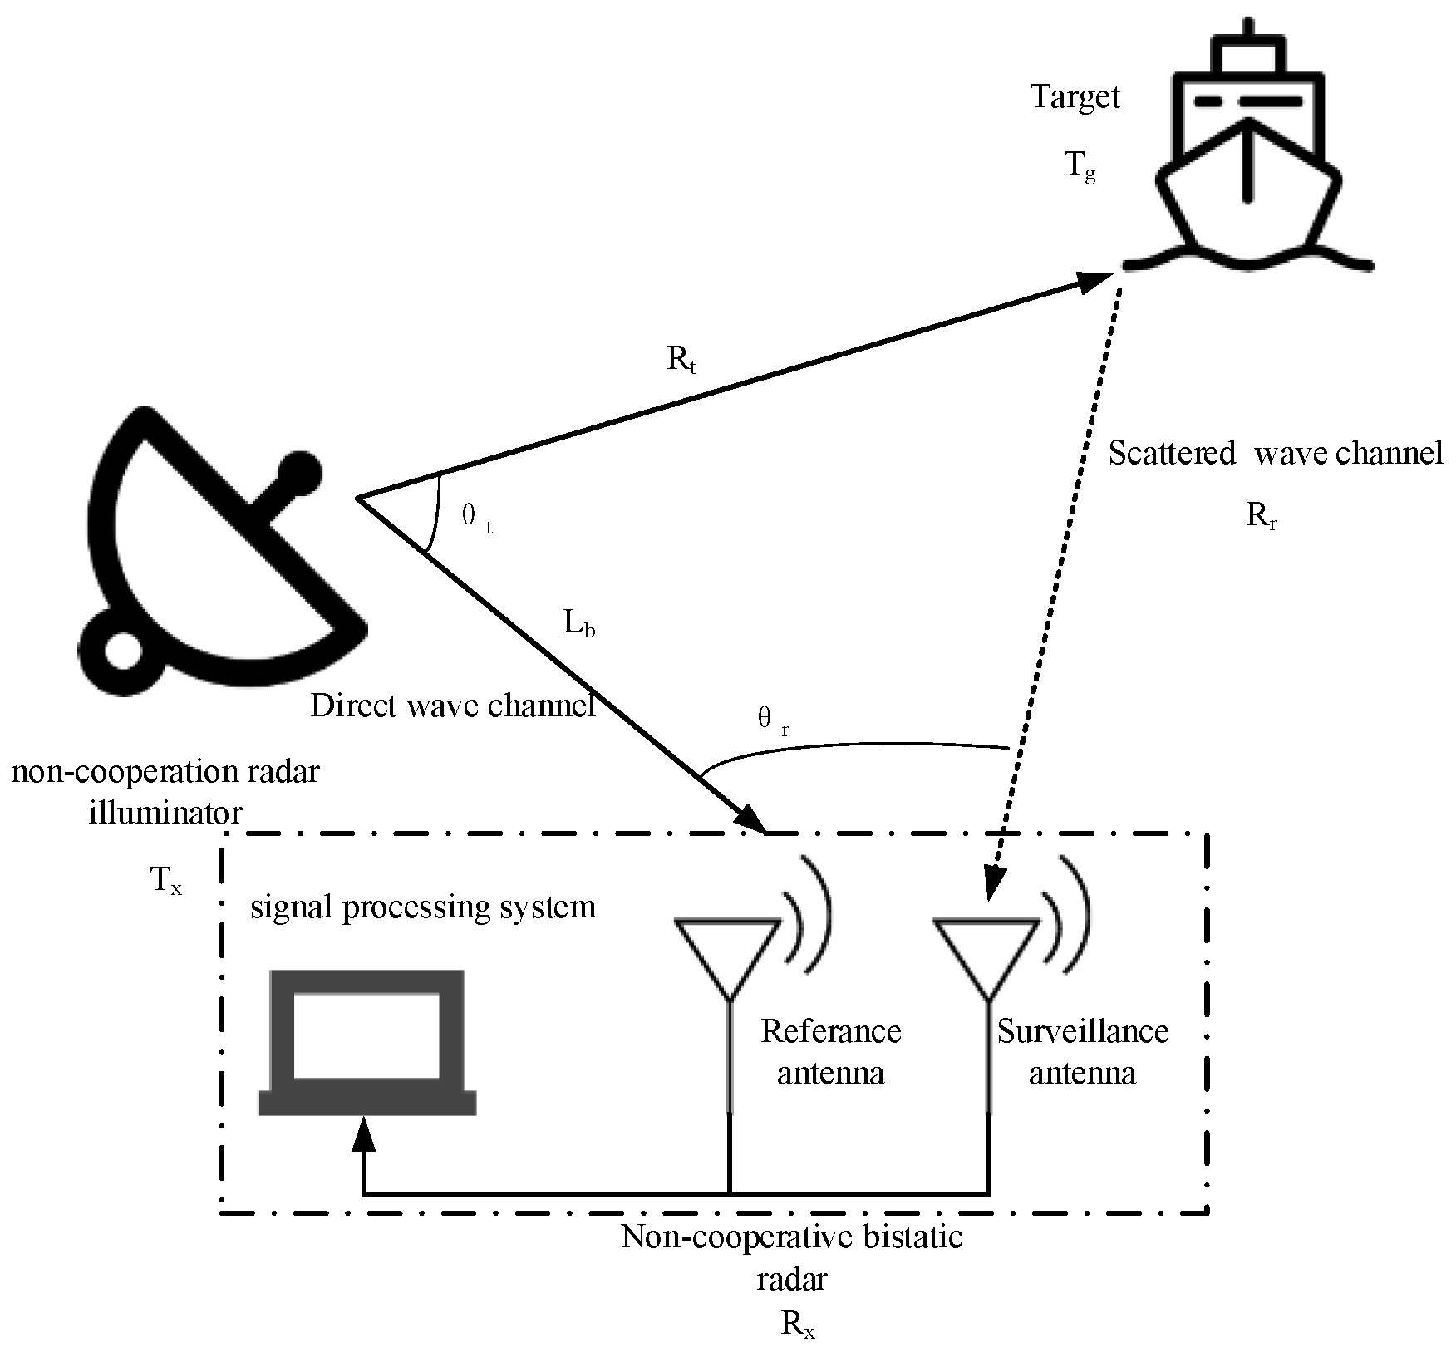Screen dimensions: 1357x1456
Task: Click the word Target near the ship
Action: [1075, 97]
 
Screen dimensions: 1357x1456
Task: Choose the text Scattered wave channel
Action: [1276, 454]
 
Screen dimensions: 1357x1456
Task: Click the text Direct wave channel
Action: [453, 706]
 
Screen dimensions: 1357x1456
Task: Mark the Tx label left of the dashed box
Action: [165, 880]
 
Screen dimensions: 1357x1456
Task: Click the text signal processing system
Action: [423, 907]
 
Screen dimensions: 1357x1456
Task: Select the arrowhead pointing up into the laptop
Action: [363, 1132]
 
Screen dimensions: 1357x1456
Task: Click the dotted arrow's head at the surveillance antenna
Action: [994, 884]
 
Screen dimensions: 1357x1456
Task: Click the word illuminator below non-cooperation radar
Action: [165, 812]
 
